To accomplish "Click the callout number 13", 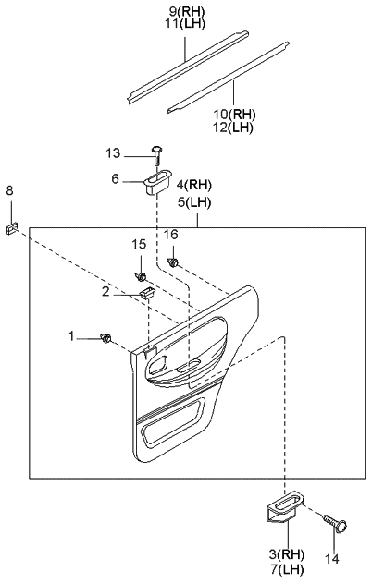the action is [113, 152].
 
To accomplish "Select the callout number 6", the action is [115, 179].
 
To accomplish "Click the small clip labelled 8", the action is [12, 227].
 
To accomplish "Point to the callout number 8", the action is [9, 190].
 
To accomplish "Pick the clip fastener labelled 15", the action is [140, 276].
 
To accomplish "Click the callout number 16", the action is [171, 235].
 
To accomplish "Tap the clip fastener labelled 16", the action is [173, 263].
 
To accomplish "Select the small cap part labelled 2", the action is [147, 293].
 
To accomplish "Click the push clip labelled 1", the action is [106, 338].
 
